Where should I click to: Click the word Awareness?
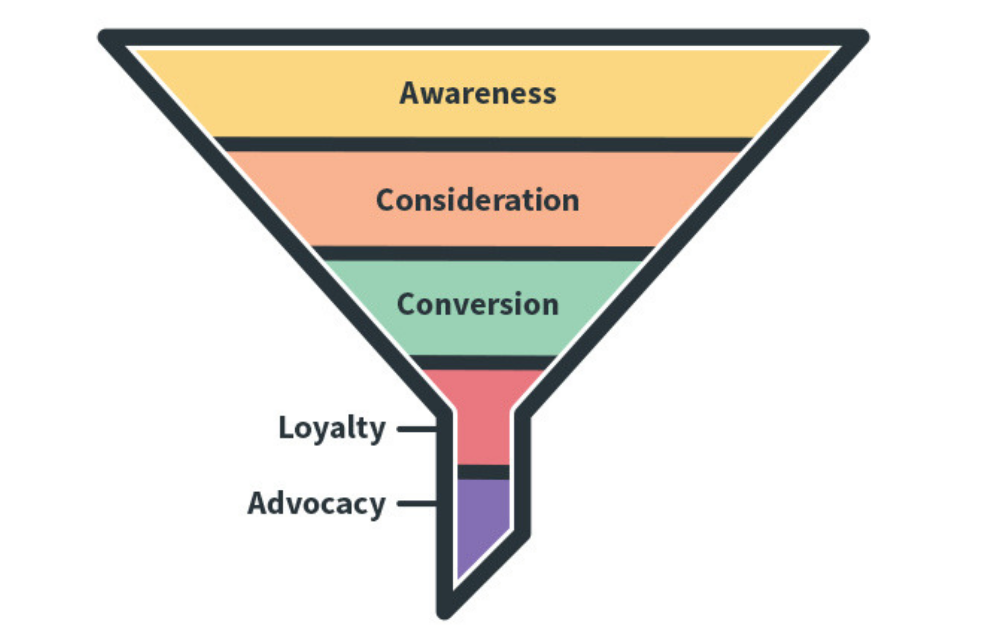point(477,93)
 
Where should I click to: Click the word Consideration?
point(477,200)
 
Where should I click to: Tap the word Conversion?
point(477,305)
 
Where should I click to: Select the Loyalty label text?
point(332,428)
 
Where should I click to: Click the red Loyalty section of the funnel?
point(483,419)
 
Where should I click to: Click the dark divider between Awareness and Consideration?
point(483,144)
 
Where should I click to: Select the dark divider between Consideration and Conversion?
point(483,253)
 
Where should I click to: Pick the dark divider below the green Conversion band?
point(483,362)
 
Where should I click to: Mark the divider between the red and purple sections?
point(483,472)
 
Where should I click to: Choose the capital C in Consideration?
point(387,200)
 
